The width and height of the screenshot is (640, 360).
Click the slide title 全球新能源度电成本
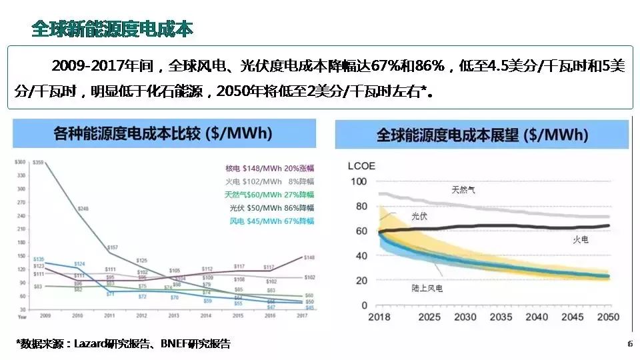(x=112, y=29)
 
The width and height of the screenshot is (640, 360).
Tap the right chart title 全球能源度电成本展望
(x=482, y=135)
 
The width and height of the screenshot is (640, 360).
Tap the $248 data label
(x=82, y=209)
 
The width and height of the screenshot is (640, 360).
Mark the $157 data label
(x=112, y=247)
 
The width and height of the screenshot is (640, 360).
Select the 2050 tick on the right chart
(x=607, y=317)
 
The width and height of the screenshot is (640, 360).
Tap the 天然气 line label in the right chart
(x=463, y=191)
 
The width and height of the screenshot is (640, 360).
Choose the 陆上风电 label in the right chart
(x=427, y=288)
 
